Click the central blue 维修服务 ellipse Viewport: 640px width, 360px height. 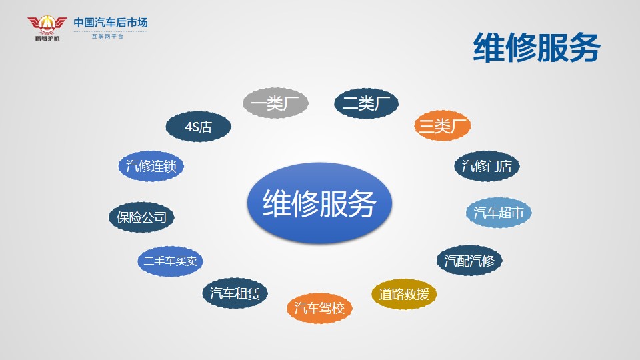(319, 203)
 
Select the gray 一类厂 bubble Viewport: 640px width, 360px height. (275, 103)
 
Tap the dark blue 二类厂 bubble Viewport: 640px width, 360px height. (366, 103)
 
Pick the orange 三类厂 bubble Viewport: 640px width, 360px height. (443, 125)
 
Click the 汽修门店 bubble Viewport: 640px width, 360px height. (487, 166)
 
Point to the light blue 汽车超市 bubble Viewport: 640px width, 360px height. (499, 212)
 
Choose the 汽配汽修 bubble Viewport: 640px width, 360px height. (469, 260)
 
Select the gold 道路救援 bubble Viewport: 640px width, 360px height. (404, 294)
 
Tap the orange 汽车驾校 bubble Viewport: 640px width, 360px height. (319, 308)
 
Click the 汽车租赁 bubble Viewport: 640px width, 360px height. (235, 293)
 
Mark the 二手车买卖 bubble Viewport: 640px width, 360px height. (170, 261)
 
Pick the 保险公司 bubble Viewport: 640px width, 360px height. (141, 217)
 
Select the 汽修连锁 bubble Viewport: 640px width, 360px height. (151, 166)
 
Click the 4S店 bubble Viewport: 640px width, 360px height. (199, 127)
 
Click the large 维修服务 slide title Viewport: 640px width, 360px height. (537, 47)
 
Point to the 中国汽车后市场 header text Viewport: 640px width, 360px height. (111, 23)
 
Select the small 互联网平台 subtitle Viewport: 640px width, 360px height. (107, 36)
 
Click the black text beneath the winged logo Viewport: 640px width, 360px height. (47, 38)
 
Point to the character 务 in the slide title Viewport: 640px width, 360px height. (585, 47)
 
